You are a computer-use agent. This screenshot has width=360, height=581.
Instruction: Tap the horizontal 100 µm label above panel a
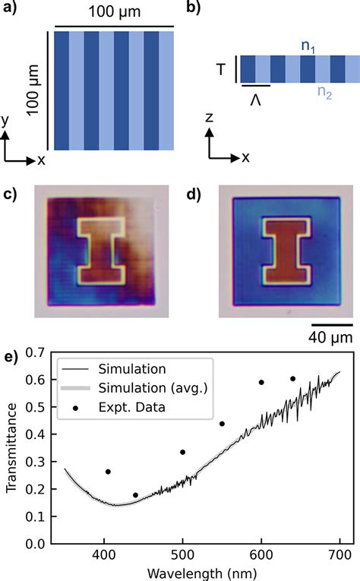tap(114, 12)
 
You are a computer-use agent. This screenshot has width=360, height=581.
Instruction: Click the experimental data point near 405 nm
tap(109, 472)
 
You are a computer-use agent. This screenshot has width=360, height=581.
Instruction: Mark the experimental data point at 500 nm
tap(183, 452)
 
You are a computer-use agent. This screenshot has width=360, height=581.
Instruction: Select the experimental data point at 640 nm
tap(293, 399)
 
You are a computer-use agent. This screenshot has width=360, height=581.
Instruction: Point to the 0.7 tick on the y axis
tap(31, 352)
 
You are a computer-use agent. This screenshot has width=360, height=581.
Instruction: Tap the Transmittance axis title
tap(10, 448)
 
